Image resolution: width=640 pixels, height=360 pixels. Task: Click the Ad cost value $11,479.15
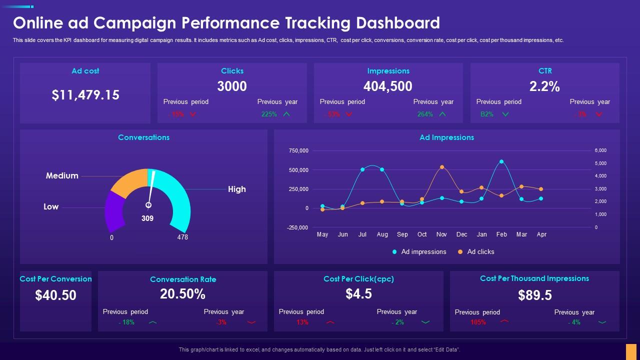pyautogui.click(x=85, y=95)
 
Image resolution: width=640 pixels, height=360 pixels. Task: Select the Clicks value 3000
pyautogui.click(x=232, y=86)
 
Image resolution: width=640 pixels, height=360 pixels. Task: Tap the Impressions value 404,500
pyautogui.click(x=388, y=86)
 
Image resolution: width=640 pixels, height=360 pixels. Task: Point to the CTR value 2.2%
pyautogui.click(x=544, y=86)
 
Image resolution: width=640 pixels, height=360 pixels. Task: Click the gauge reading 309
pyautogui.click(x=147, y=218)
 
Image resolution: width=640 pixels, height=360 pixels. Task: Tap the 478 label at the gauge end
pyautogui.click(x=182, y=237)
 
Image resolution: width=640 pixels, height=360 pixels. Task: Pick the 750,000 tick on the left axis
pyautogui.click(x=298, y=150)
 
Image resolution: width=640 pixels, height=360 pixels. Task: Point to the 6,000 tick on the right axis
pyautogui.click(x=600, y=150)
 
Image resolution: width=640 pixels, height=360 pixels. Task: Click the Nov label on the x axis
pyautogui.click(x=441, y=234)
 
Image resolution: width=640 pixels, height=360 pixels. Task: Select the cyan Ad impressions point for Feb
pyautogui.click(x=501, y=161)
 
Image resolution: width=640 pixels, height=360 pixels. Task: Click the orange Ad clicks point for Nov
pyautogui.click(x=442, y=167)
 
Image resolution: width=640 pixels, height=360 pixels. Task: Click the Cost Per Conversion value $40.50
pyautogui.click(x=56, y=295)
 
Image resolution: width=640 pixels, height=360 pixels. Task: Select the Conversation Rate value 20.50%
pyautogui.click(x=182, y=294)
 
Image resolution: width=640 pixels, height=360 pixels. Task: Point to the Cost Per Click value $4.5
pyautogui.click(x=358, y=294)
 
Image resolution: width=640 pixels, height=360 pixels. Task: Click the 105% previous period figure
pyautogui.click(x=478, y=322)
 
